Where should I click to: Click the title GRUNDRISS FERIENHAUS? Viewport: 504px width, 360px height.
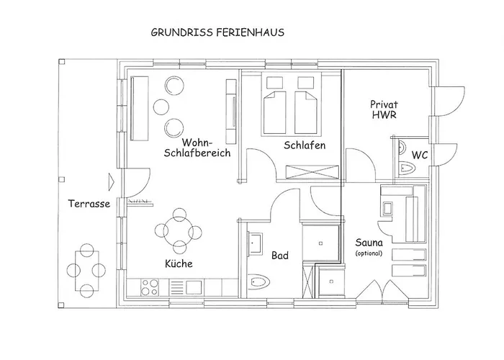[x=217, y=32]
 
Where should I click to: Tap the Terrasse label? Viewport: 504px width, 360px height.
[x=89, y=204]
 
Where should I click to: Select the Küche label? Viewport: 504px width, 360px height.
[x=179, y=264]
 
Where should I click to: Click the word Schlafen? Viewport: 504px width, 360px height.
[x=305, y=145]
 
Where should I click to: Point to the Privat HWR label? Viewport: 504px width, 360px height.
[x=384, y=109]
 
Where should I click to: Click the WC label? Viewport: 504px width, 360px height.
[x=420, y=156]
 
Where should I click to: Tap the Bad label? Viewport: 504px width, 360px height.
[x=280, y=256]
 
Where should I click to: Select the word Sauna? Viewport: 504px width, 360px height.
[x=369, y=243]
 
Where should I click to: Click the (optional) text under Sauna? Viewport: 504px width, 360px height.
[x=369, y=253]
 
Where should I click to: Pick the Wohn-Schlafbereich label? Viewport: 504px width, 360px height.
[x=197, y=147]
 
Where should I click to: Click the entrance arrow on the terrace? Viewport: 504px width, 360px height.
[x=111, y=182]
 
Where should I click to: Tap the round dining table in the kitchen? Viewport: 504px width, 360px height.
[x=179, y=231]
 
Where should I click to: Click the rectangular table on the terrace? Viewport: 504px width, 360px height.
[x=87, y=271]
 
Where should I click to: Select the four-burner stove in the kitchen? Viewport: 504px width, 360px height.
[x=150, y=287]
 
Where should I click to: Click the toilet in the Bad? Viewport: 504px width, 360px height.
[x=258, y=282]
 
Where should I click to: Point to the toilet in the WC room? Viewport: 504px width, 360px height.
[x=407, y=168]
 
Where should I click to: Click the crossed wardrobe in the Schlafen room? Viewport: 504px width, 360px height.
[x=312, y=172]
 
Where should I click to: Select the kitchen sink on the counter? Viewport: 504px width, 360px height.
[x=194, y=287]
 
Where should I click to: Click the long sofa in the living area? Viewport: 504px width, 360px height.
[x=140, y=108]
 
